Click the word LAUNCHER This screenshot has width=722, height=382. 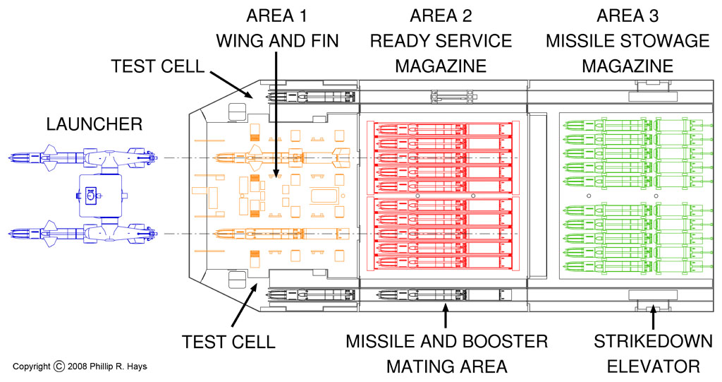click(x=94, y=124)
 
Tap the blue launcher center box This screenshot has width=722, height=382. click(x=101, y=193)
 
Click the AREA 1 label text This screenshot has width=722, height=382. click(x=275, y=16)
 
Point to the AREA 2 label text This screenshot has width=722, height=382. click(x=441, y=16)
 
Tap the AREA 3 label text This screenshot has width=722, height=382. click(x=627, y=16)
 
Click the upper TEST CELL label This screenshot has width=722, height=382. click(x=157, y=67)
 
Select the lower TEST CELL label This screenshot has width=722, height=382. click(x=228, y=342)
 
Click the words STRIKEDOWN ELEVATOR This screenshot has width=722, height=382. click(x=652, y=353)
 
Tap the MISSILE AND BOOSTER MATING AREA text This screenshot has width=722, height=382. click(x=446, y=353)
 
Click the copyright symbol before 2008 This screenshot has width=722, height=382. click(x=59, y=366)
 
